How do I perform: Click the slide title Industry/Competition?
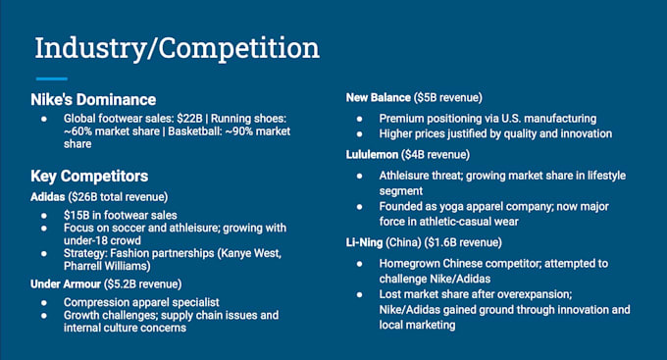(177, 49)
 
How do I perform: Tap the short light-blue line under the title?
(51, 78)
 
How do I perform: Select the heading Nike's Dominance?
(93, 100)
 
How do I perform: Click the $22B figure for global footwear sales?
(189, 119)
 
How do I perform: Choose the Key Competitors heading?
(89, 177)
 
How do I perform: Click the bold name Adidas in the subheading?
(48, 197)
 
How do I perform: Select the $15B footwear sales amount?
(76, 216)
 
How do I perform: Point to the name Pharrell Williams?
(107, 266)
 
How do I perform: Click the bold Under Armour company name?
(66, 284)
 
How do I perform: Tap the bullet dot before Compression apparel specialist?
(44, 303)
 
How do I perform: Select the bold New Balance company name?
(379, 98)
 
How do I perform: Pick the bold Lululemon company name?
(372, 154)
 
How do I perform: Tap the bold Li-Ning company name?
(364, 242)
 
